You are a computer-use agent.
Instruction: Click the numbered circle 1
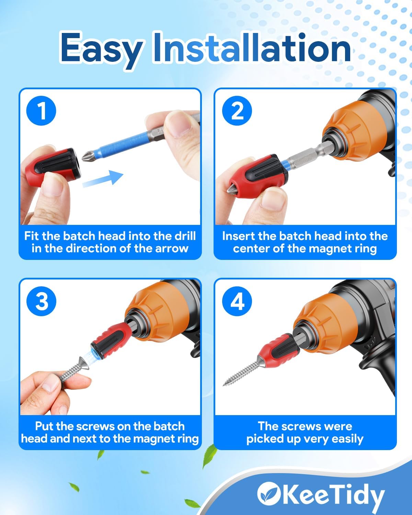(41, 111)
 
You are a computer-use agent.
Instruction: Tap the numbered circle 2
(237, 111)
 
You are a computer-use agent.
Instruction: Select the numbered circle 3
(41, 301)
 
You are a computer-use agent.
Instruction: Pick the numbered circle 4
(237, 301)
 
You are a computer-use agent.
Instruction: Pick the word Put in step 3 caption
(45, 426)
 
